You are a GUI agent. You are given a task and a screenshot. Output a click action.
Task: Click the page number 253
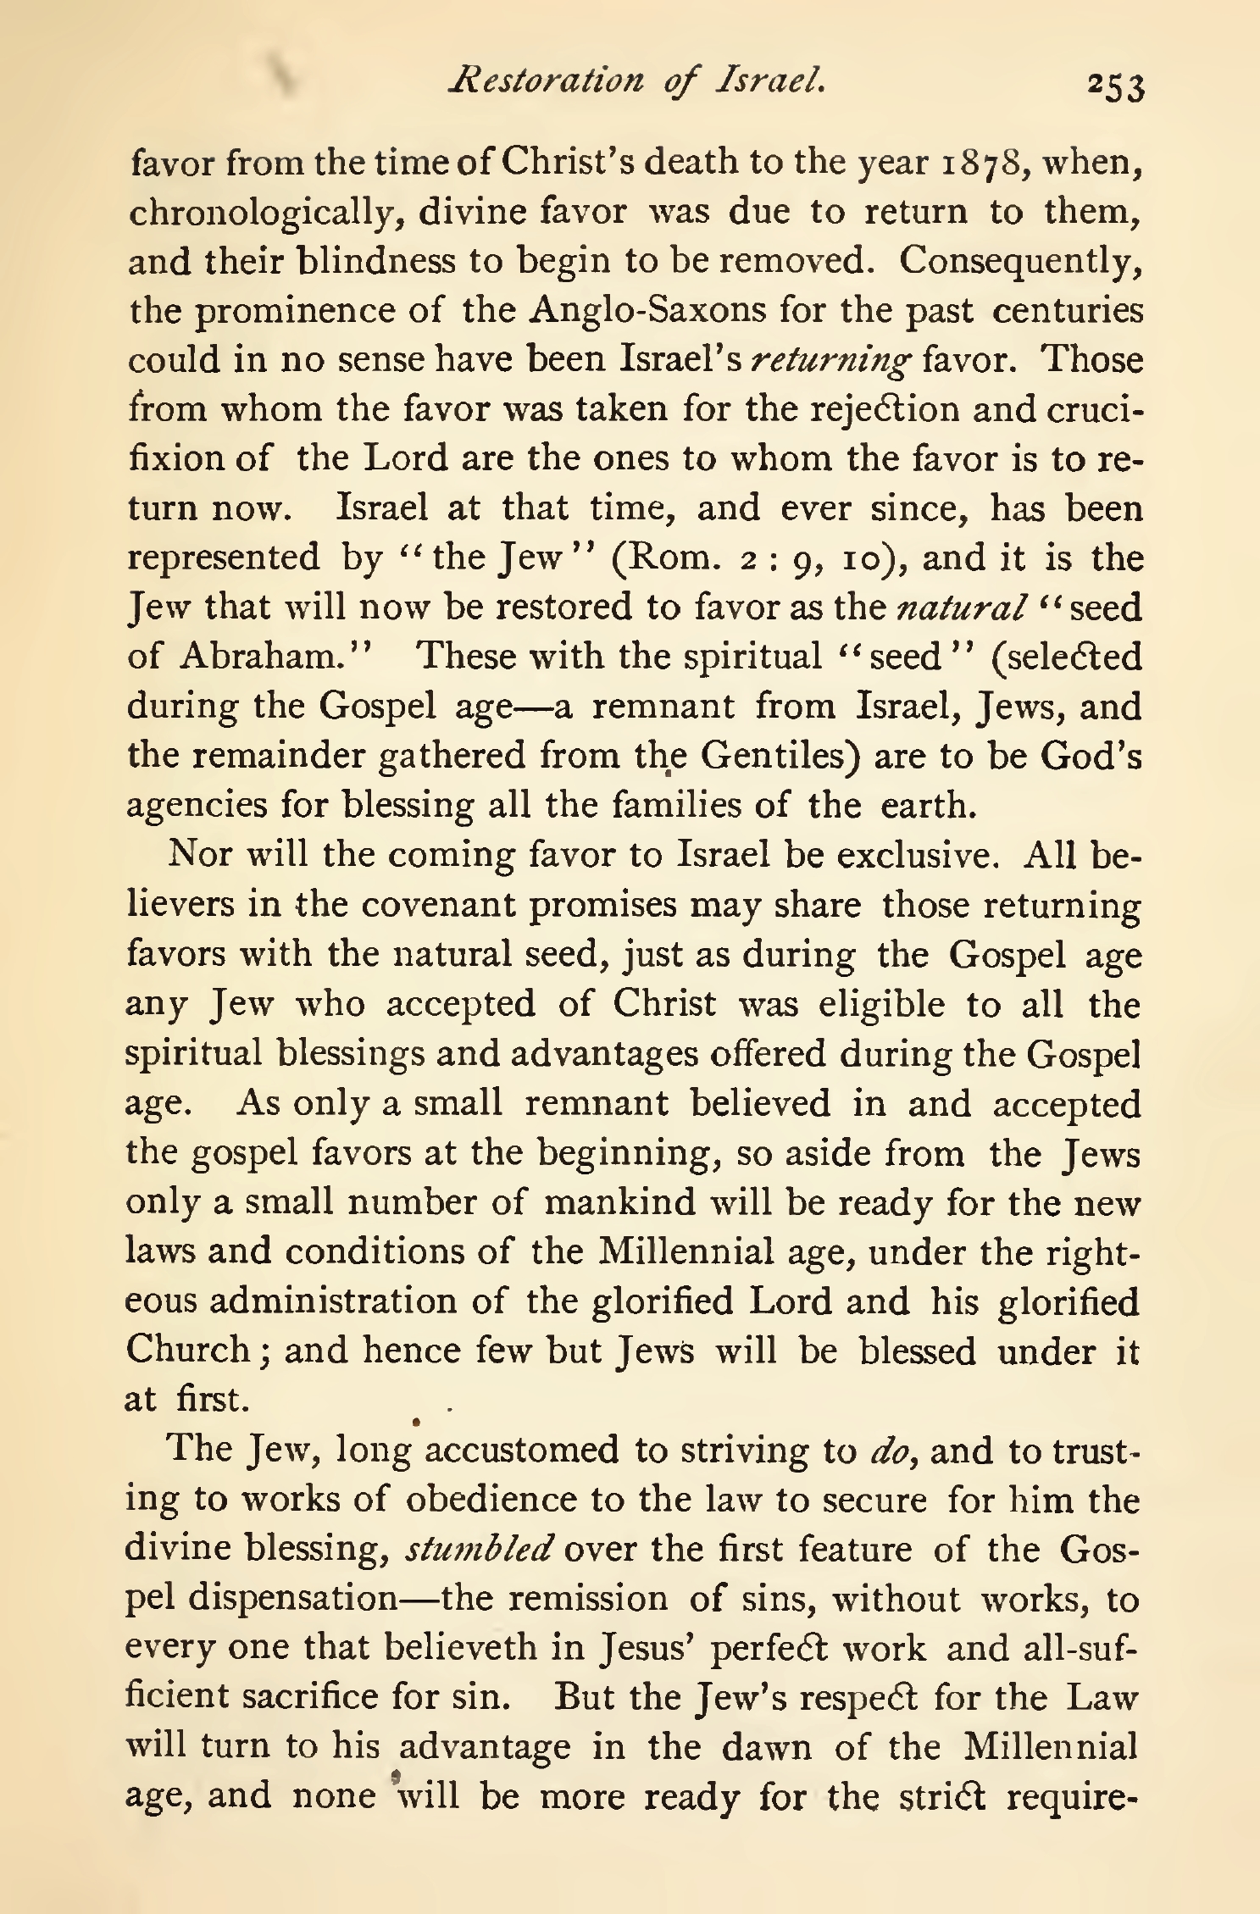[1116, 86]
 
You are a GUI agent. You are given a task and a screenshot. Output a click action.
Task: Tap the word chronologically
[263, 212]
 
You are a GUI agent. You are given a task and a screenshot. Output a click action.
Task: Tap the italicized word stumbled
[480, 1548]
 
